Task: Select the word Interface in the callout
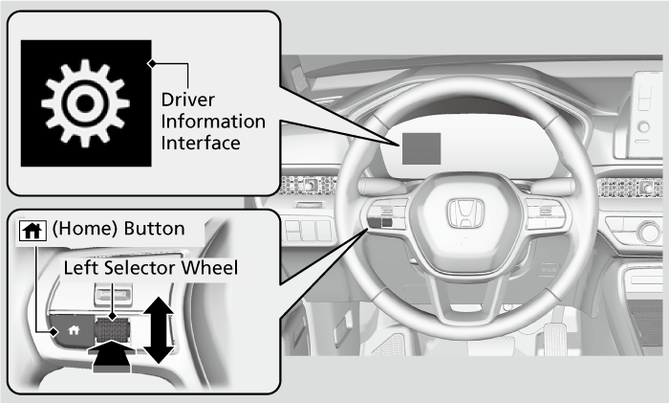tap(199, 143)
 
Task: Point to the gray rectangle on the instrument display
tap(421, 148)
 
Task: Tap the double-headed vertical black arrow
tap(159, 329)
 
